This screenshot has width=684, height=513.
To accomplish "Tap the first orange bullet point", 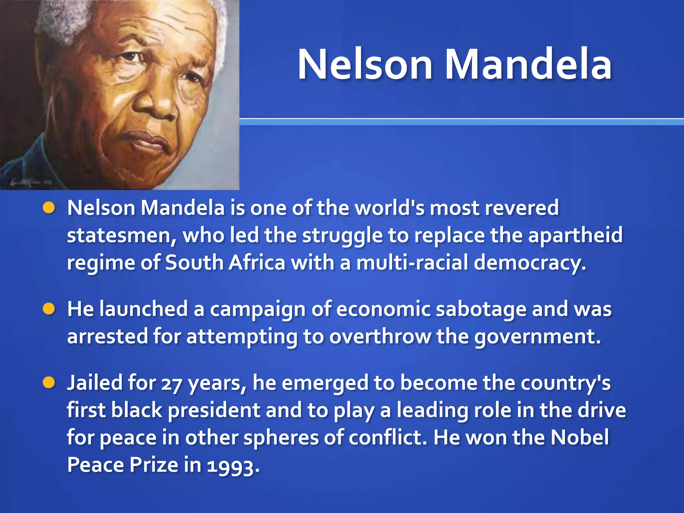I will [49, 208].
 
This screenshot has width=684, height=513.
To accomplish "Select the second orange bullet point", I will [49, 309].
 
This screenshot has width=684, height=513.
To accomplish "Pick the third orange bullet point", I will [49, 383].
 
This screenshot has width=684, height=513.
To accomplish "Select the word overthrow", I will [380, 336].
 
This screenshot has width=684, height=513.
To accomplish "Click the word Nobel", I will [580, 437].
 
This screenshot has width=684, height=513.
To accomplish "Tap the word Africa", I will [257, 263].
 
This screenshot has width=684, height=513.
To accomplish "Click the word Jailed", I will [95, 383].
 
